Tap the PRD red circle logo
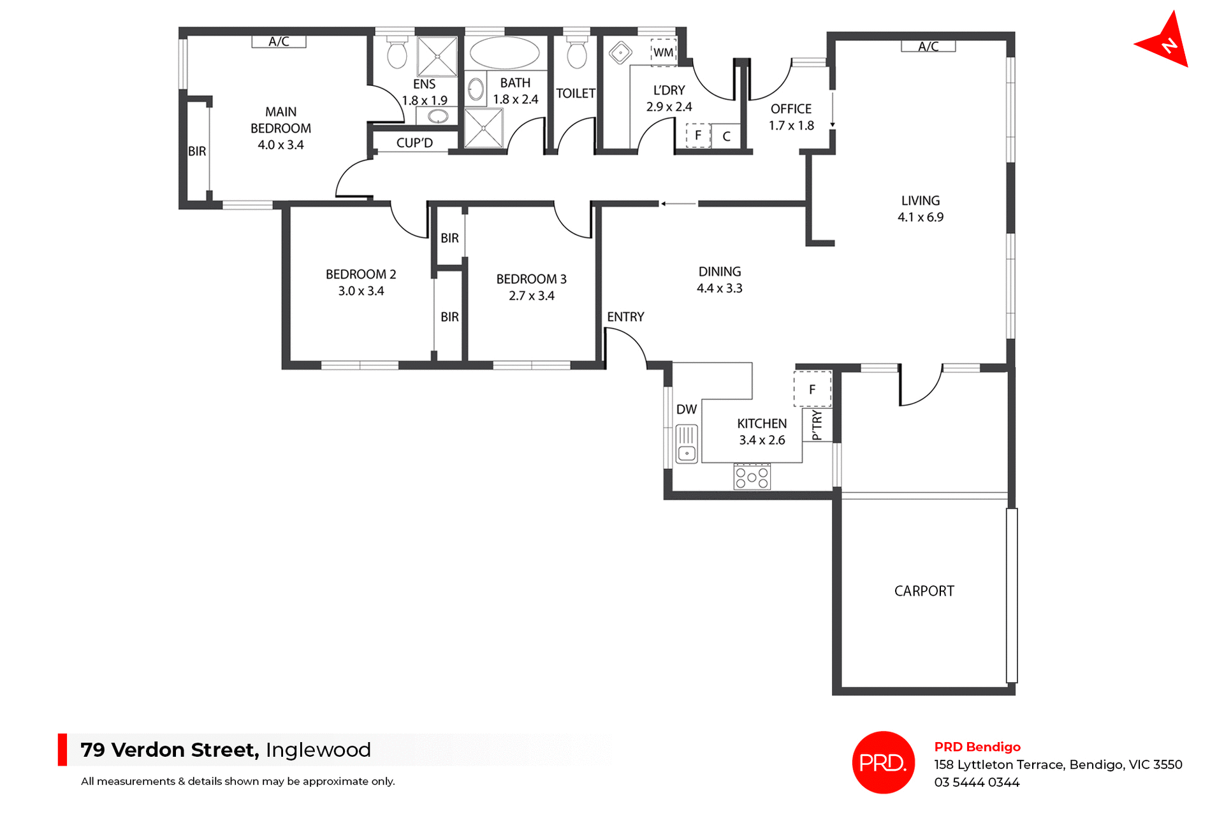(x=883, y=762)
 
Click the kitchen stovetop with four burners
(x=752, y=476)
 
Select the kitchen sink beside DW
(x=687, y=444)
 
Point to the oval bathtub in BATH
(x=504, y=53)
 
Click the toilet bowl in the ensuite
(x=397, y=54)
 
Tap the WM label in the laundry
(x=663, y=52)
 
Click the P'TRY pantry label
(x=817, y=426)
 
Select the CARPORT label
(x=924, y=591)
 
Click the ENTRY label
(x=625, y=317)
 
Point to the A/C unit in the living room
(x=928, y=47)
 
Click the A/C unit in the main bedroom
(x=279, y=42)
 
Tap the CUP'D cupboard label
(x=414, y=143)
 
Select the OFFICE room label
(x=791, y=109)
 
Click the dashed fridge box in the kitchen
(x=812, y=389)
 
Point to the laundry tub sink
(x=620, y=52)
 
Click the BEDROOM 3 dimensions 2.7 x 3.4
(x=532, y=296)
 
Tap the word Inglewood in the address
(x=318, y=750)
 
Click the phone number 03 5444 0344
(x=977, y=782)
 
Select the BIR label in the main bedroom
(x=197, y=151)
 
